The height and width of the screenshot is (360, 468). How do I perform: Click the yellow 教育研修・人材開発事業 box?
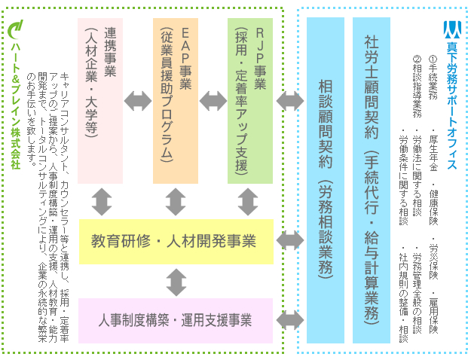176,242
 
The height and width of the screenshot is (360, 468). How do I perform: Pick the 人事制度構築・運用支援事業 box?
176,320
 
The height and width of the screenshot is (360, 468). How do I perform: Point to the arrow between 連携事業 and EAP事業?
138,99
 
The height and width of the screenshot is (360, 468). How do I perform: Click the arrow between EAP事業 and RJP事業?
213,99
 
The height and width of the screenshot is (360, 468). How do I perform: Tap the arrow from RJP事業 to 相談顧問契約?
289,99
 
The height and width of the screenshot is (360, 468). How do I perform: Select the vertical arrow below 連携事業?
101,202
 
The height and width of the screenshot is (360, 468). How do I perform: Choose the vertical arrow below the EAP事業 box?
176,202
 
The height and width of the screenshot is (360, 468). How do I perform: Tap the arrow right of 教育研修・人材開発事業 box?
289,241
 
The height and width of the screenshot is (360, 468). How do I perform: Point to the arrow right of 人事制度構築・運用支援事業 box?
289,319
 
